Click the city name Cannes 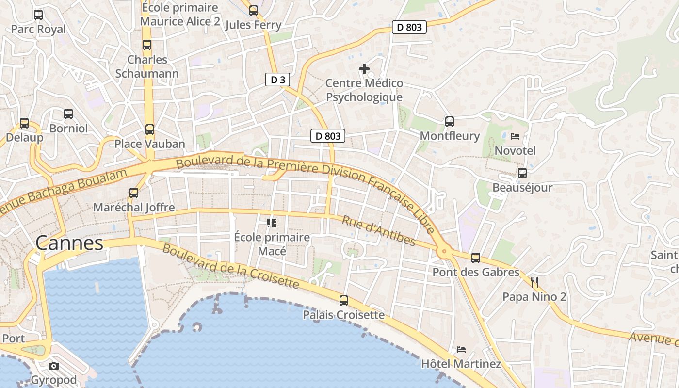point(69,243)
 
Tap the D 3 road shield point(278,80)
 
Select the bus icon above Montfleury point(450,122)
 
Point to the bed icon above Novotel point(515,136)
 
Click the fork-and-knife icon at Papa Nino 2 point(534,282)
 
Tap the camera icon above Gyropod point(54,366)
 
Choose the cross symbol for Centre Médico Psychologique point(364,69)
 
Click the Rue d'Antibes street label point(379,231)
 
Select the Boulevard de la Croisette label point(230,266)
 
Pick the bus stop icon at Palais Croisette point(344,301)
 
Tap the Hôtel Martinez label point(461,364)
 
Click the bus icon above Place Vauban point(150,129)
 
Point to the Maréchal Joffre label point(134,208)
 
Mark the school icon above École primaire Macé point(272,223)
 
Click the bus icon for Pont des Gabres point(476,258)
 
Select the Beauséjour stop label point(522,188)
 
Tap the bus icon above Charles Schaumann point(147,46)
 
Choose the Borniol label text point(69,129)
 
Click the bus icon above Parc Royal point(38,15)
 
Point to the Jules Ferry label point(254,25)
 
